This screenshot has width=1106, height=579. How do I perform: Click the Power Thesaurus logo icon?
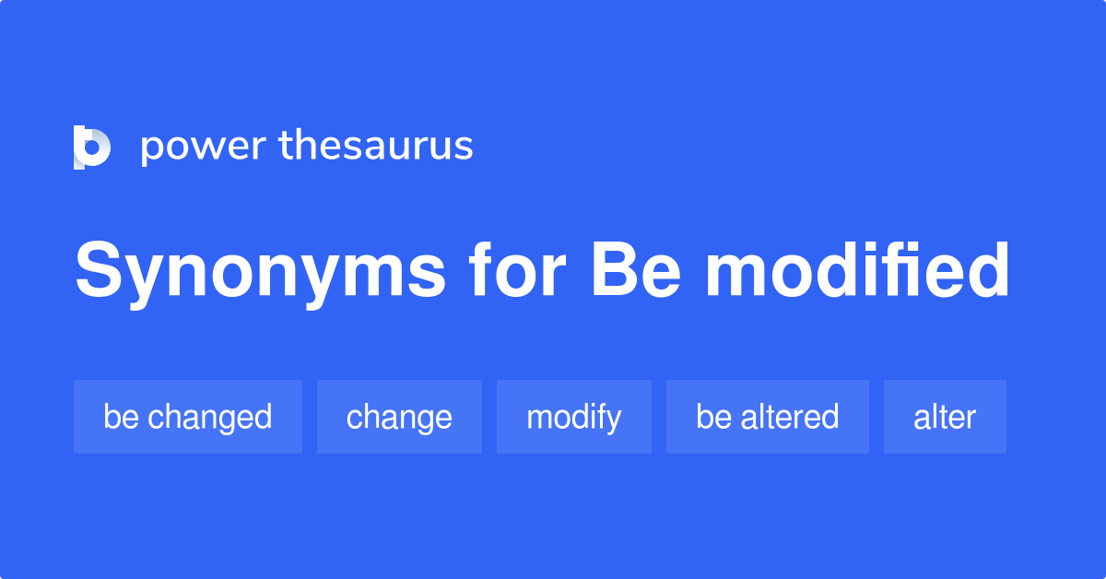[x=92, y=148]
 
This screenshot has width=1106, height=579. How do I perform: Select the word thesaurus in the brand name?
[x=377, y=147]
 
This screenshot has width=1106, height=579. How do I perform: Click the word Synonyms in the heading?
[x=260, y=273]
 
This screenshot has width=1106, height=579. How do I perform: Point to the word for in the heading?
[x=517, y=271]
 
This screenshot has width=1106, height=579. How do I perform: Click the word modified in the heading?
[x=858, y=271]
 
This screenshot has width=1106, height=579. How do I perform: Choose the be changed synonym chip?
[x=188, y=417]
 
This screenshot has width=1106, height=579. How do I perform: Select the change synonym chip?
[x=399, y=417]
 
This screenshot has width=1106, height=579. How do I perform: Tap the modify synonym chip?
[x=573, y=417]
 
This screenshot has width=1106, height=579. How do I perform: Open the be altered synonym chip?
[x=767, y=417]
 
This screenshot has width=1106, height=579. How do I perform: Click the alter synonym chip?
[x=945, y=417]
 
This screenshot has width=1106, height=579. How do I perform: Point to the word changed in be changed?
[x=210, y=417]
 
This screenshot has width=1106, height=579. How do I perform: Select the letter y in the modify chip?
[x=612, y=420]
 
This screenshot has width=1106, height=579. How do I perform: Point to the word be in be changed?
[x=120, y=417]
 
